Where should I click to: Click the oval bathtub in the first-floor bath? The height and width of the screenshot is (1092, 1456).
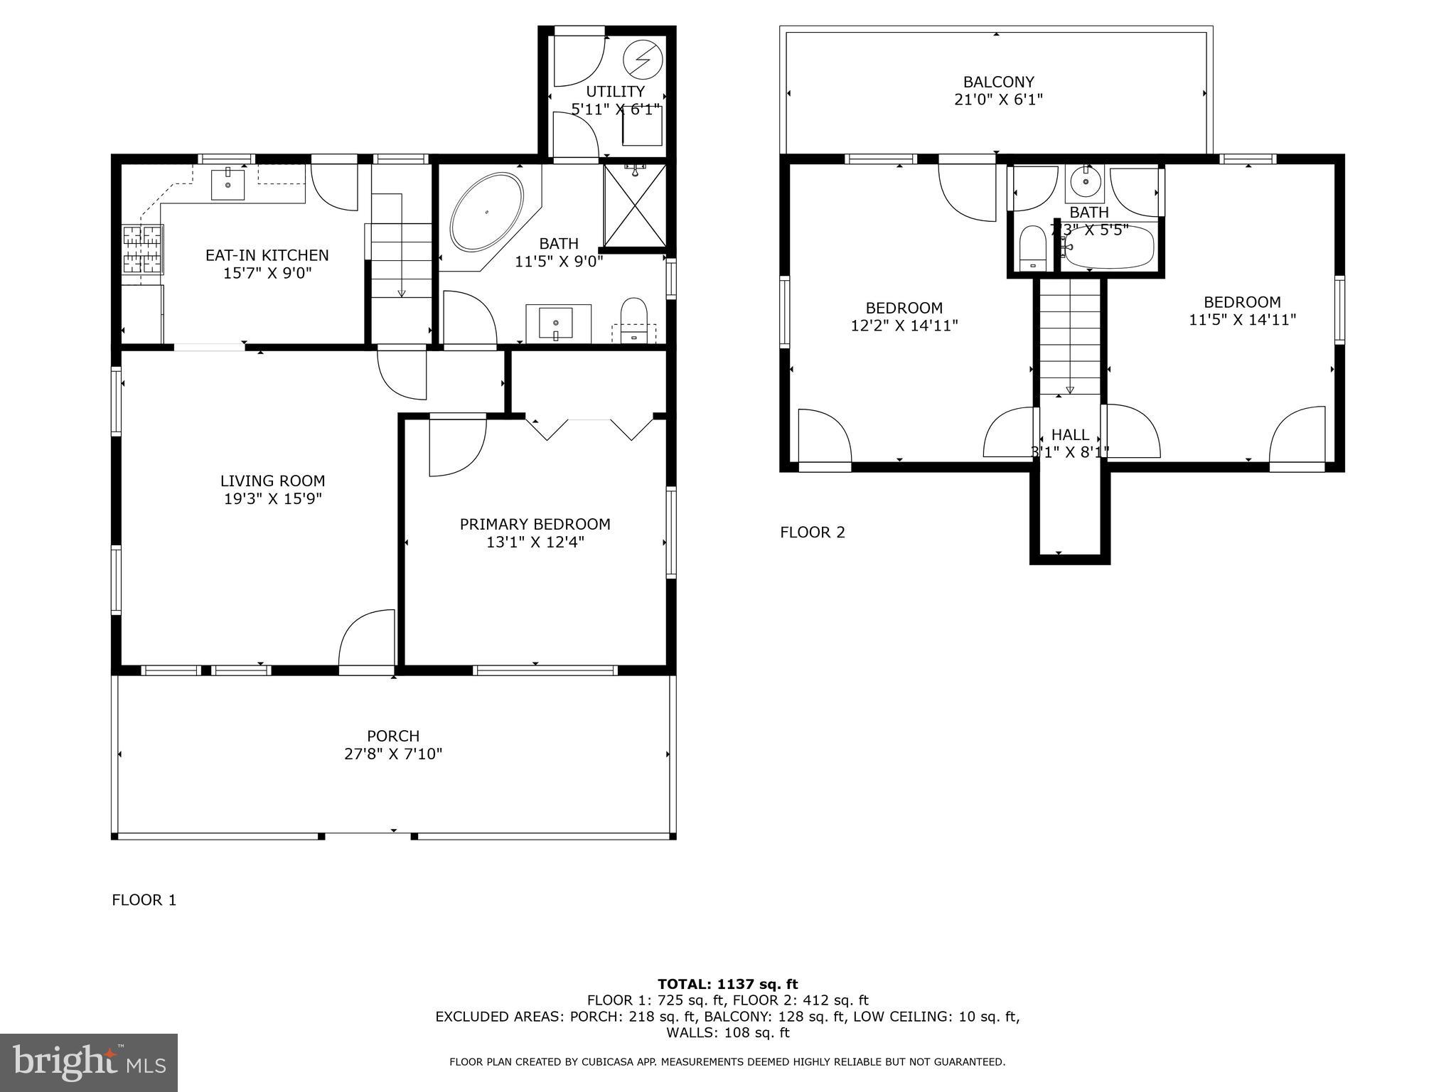487,211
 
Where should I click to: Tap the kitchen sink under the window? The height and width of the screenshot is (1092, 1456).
228,184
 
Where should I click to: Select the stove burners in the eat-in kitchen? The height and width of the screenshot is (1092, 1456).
143,249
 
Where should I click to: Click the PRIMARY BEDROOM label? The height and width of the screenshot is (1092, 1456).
535,525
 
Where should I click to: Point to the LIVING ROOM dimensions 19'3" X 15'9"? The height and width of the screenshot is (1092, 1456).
272,499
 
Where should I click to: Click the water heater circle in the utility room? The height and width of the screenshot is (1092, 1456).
643,60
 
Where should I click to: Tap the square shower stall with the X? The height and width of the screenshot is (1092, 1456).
634,206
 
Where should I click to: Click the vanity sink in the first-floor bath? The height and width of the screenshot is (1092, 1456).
556,324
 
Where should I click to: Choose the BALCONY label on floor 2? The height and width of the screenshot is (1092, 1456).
998,82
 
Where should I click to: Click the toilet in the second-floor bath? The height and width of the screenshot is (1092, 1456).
1032,249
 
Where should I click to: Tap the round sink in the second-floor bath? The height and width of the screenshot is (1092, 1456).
1086,182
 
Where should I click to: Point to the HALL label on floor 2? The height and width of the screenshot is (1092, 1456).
1070,434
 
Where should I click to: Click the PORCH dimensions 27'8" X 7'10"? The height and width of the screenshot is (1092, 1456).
393,754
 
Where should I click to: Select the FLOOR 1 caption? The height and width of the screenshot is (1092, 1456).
144,900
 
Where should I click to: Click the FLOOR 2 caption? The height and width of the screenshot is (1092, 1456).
813,532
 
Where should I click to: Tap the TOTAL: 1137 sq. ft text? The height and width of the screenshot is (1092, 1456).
727,985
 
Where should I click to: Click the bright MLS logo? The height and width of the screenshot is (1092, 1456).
89,1062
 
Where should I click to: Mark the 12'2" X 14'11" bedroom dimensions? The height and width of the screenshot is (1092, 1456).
904,326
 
